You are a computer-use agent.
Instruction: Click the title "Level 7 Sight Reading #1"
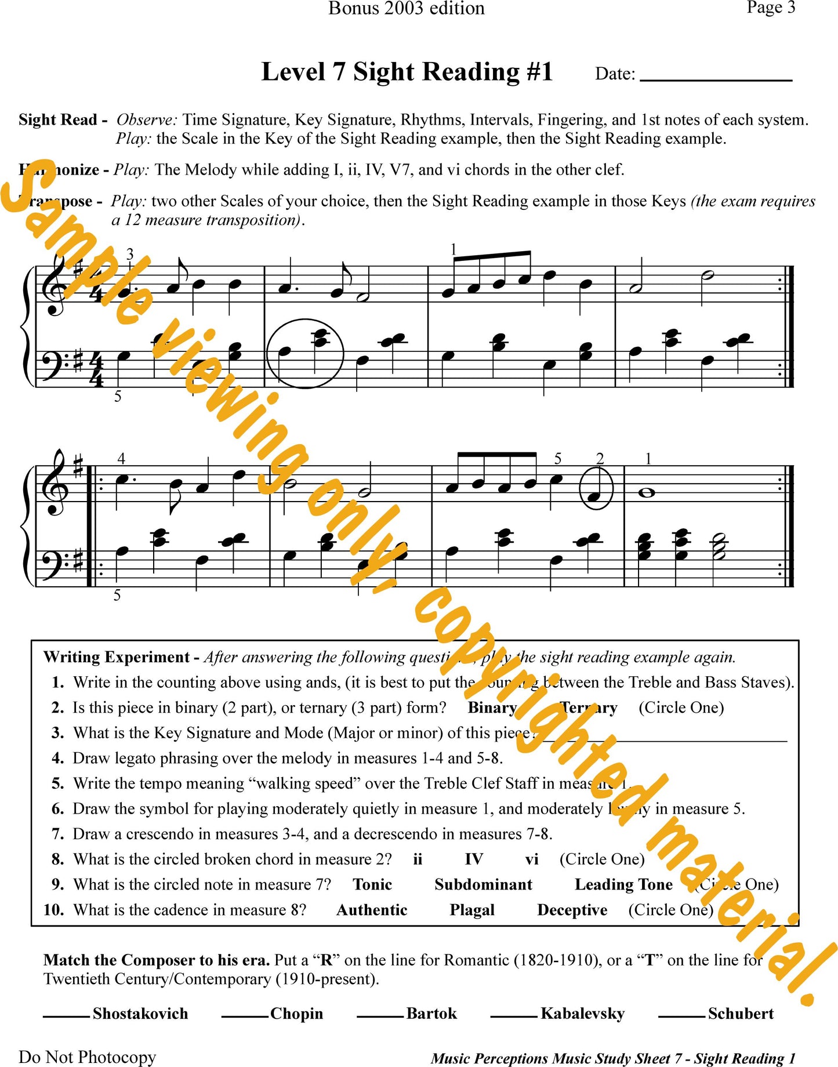[407, 72]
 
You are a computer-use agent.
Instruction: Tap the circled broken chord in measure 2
[305, 352]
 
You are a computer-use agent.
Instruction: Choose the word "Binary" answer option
[492, 708]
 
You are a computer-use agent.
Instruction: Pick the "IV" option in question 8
[473, 859]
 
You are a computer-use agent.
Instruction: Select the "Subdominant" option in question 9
[483, 885]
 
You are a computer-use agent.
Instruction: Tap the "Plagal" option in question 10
[472, 910]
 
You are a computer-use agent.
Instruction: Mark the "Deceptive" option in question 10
[572, 910]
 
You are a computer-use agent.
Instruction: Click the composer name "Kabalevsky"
[582, 1014]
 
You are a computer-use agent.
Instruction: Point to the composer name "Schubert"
[741, 1014]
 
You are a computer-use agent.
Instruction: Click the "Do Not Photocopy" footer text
[87, 1057]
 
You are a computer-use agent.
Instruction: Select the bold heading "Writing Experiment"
[117, 657]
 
